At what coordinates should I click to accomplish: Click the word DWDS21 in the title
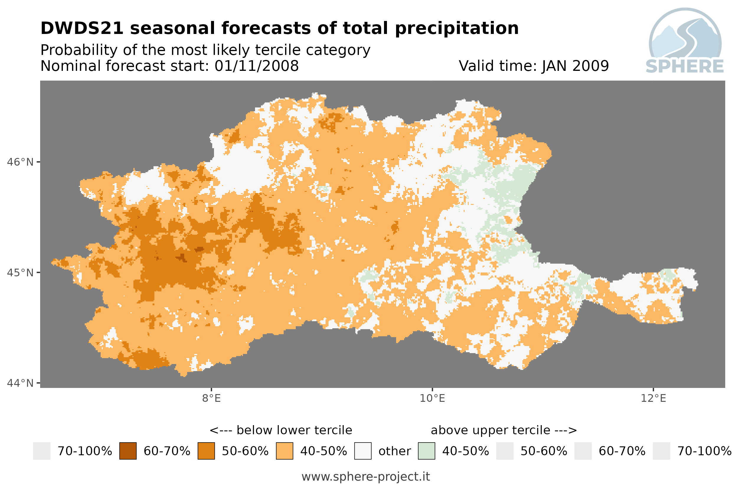[82, 28]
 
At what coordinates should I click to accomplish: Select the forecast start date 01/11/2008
[256, 66]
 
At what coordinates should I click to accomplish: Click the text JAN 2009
[575, 66]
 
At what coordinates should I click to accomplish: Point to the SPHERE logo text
[685, 66]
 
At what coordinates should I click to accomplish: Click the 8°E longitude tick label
[212, 398]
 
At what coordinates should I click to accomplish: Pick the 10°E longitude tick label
[432, 398]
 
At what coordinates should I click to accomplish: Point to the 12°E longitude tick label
[653, 398]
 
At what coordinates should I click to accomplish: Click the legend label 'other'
[394, 451]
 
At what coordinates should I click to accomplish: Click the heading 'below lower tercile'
[294, 430]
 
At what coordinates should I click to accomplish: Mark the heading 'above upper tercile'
[491, 430]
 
